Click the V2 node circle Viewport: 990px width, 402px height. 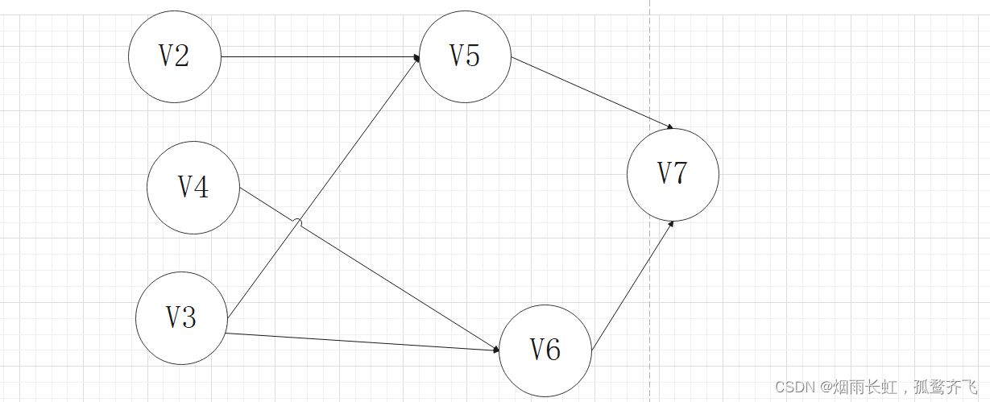tap(174, 56)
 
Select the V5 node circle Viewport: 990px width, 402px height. tap(465, 56)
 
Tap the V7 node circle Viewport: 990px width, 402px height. tap(673, 174)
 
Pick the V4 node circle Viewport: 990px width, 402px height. tap(193, 188)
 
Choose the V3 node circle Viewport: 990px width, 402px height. tap(181, 318)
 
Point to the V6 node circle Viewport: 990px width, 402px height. tap(545, 350)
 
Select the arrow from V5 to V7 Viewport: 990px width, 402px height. tap(592, 92)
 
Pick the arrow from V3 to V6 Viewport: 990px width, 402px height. tap(362, 342)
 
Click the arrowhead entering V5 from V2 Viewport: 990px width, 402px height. tap(416, 57)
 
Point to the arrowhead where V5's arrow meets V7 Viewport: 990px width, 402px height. tap(670, 126)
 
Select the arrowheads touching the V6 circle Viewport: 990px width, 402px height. tap(496, 350)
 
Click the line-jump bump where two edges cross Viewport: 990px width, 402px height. tap(297, 222)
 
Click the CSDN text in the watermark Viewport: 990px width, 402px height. tap(791, 387)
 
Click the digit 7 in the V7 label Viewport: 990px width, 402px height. tap(681, 173)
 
